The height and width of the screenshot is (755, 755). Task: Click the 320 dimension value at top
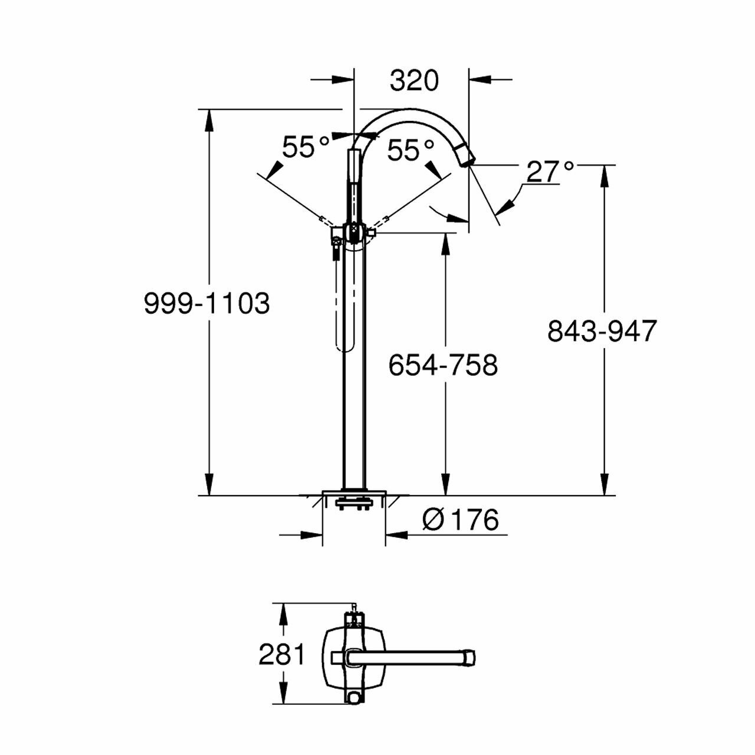click(x=414, y=81)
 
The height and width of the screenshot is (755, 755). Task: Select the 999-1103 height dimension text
click(x=207, y=303)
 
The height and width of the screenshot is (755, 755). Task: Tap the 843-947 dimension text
click(x=602, y=331)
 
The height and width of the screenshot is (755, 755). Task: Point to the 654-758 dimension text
click(x=443, y=365)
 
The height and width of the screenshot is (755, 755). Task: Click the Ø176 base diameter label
click(x=461, y=520)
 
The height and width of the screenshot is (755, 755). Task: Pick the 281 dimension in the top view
click(x=282, y=654)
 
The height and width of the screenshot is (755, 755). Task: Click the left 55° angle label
click(x=306, y=147)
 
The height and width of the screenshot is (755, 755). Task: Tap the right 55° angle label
click(x=411, y=150)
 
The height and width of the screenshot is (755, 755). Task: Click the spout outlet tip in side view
click(x=466, y=156)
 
